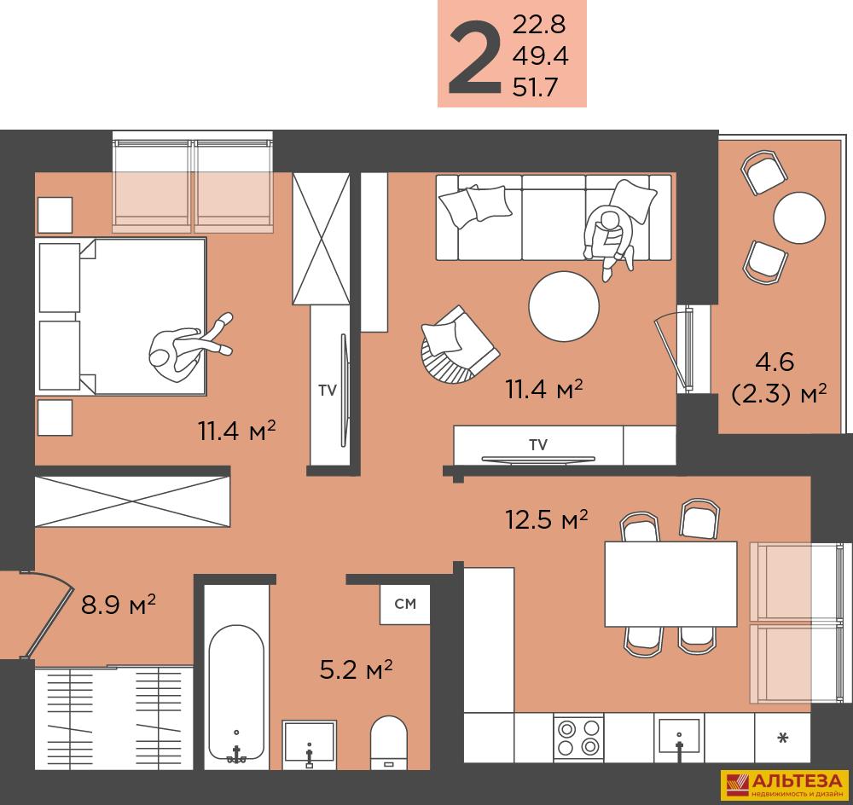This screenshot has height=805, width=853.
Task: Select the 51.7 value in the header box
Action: pyautogui.click(x=535, y=87)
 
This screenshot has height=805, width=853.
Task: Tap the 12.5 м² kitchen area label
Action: pyautogui.click(x=546, y=519)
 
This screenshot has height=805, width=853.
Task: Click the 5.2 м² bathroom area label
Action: pyautogui.click(x=356, y=669)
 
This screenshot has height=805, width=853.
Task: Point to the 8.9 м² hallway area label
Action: pyautogui.click(x=118, y=604)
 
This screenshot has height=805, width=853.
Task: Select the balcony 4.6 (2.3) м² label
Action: pyautogui.click(x=779, y=378)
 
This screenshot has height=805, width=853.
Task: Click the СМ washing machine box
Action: pyautogui.click(x=405, y=604)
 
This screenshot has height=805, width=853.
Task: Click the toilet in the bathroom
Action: pyautogui.click(x=388, y=743)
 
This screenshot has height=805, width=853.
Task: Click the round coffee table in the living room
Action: pyautogui.click(x=564, y=306)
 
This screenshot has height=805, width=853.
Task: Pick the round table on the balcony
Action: pyautogui.click(x=799, y=217)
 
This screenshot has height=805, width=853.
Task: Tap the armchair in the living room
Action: pyautogui.click(x=459, y=346)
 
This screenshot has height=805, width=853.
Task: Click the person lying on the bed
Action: pyautogui.click(x=188, y=349)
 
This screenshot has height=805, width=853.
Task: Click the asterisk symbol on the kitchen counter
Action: pyautogui.click(x=783, y=738)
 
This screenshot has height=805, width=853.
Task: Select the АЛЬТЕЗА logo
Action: pyautogui.click(x=785, y=785)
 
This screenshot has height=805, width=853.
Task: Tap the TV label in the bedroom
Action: pyautogui.click(x=328, y=390)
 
